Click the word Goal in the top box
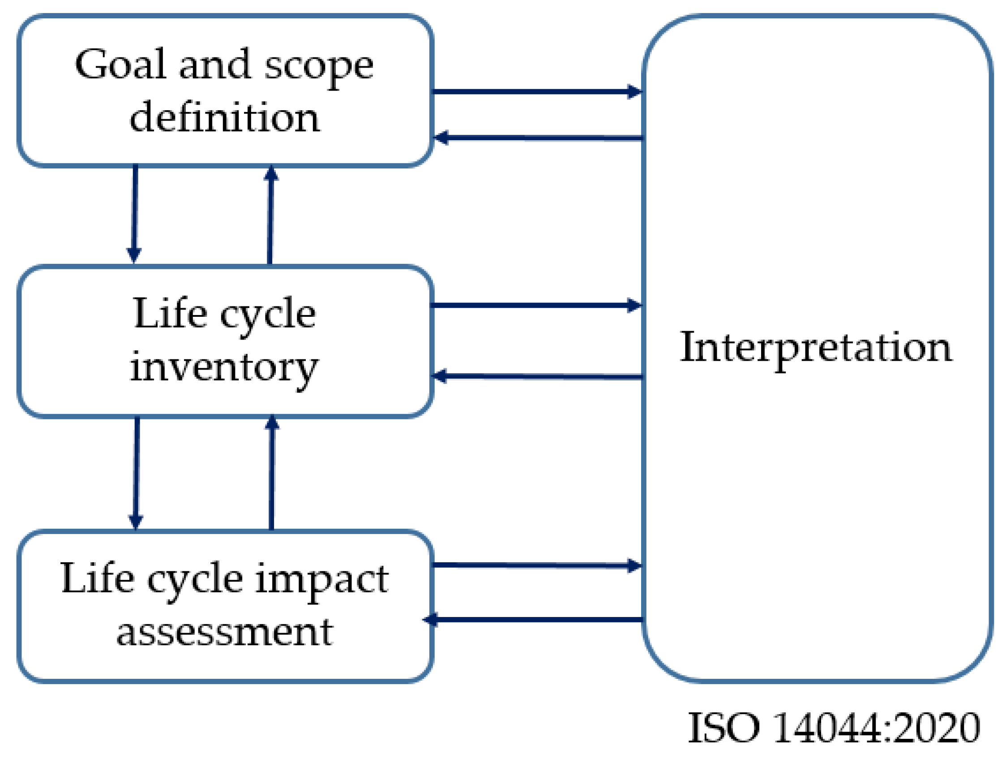tap(120, 65)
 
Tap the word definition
tap(224, 117)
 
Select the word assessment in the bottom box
tap(224, 632)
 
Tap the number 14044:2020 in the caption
tap(876, 728)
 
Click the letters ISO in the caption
tap(723, 728)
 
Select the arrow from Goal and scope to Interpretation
tap(537, 91)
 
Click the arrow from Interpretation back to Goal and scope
tap(537, 138)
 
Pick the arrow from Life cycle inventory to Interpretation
tap(537, 305)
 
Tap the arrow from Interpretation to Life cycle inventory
tap(537, 376)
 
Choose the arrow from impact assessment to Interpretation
tap(537, 565)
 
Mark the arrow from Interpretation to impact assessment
tap(537, 619)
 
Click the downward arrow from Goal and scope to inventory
tap(135, 214)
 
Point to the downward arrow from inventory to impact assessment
tap(137, 473)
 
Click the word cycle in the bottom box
tap(195, 580)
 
